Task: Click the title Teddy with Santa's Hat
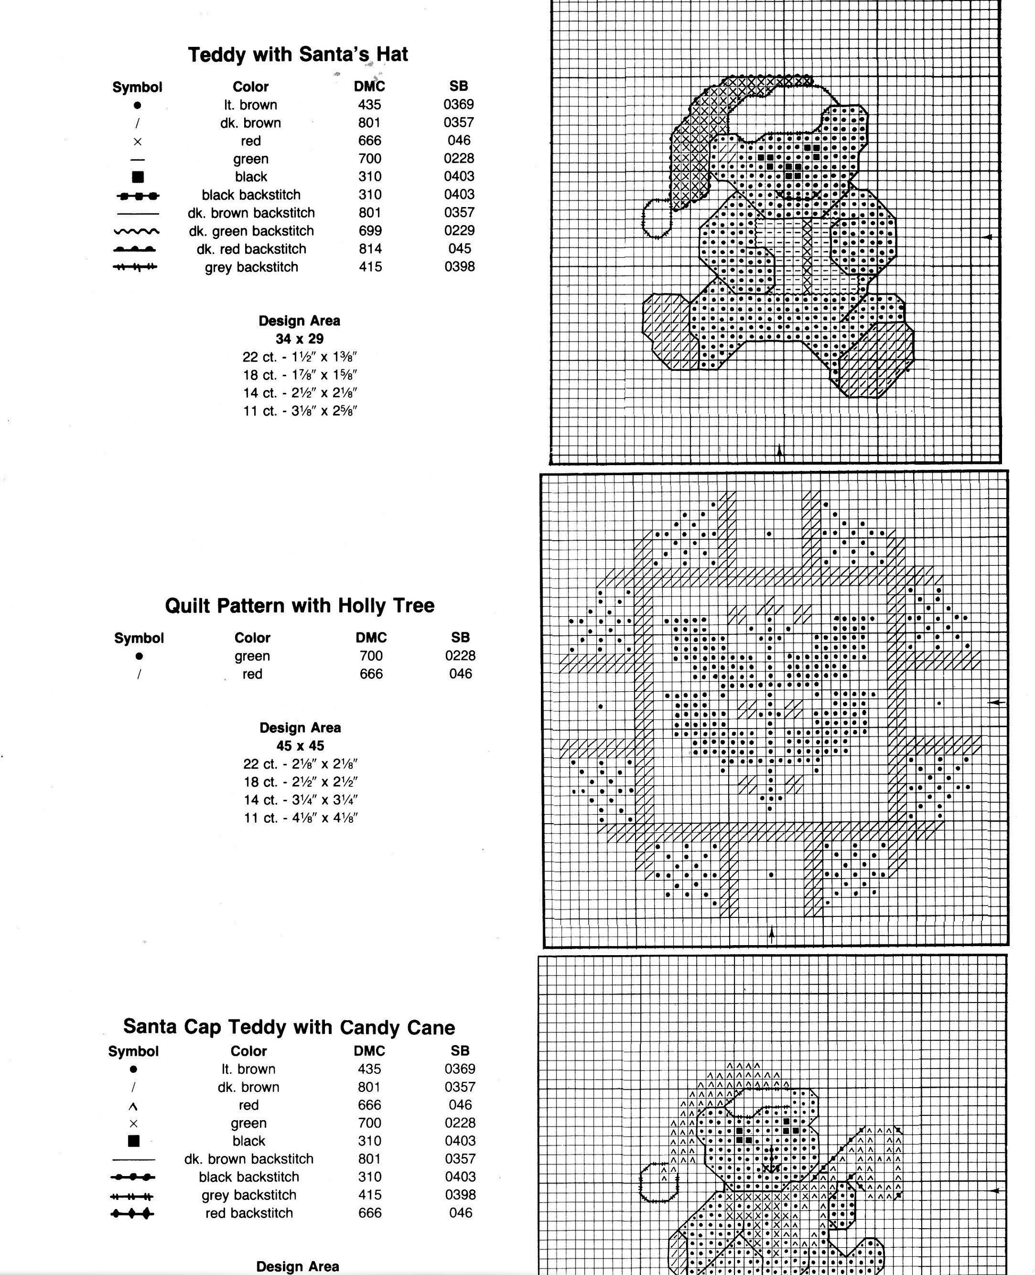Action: tap(297, 55)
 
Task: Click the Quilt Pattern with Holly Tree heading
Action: tap(299, 606)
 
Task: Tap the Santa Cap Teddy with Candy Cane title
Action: tap(289, 1027)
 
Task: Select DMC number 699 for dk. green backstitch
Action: tap(370, 231)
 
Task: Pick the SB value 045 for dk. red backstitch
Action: tap(460, 249)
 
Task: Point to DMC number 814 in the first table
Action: tap(370, 249)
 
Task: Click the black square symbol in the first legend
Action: tap(138, 177)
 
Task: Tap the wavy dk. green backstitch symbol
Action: tap(137, 231)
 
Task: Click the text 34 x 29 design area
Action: tap(299, 339)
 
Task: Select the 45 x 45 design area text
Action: tap(300, 746)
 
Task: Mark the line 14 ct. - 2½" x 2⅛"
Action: tap(299, 393)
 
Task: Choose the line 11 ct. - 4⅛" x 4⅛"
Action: tap(300, 817)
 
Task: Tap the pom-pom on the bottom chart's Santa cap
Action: tap(659, 1182)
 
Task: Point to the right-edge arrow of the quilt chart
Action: tap(995, 702)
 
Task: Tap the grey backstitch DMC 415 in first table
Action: tap(370, 267)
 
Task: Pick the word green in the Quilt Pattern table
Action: tap(252, 656)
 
